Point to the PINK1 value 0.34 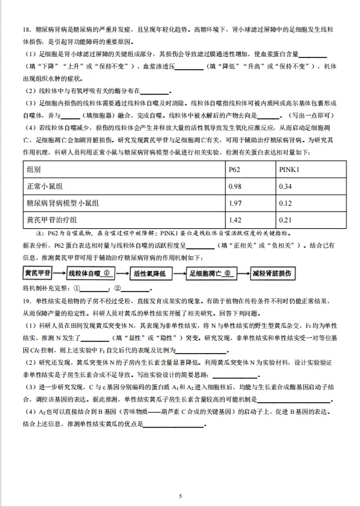tap(285, 186)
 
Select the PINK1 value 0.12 tap(285, 202)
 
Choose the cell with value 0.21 tap(285, 219)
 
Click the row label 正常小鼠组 tap(45, 186)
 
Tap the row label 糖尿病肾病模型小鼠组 tap(63, 202)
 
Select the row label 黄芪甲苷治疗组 tap(52, 219)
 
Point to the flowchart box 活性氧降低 tap(151, 273)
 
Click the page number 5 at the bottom tap(180, 495)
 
